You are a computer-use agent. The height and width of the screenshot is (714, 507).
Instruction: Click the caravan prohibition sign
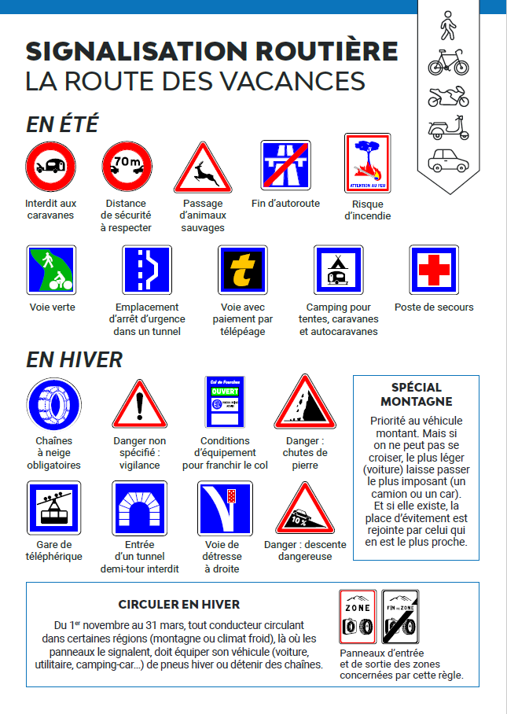50,167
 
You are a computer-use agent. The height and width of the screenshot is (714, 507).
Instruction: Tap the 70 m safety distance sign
127,167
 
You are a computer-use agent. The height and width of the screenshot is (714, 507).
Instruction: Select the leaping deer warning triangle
203,167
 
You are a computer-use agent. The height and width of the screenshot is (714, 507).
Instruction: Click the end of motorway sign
284,166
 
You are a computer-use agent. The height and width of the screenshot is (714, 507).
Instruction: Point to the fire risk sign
368,164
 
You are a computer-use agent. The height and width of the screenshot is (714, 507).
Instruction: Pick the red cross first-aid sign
434,271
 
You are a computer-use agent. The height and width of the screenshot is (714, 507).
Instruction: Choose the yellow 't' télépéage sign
242,271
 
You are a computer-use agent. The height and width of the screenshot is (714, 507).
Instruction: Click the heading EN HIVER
74,359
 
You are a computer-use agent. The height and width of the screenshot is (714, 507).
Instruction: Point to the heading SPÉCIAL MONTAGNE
416,394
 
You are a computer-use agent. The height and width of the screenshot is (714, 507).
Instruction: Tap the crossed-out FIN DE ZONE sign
401,618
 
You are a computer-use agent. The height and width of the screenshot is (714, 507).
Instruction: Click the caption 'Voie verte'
52,307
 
